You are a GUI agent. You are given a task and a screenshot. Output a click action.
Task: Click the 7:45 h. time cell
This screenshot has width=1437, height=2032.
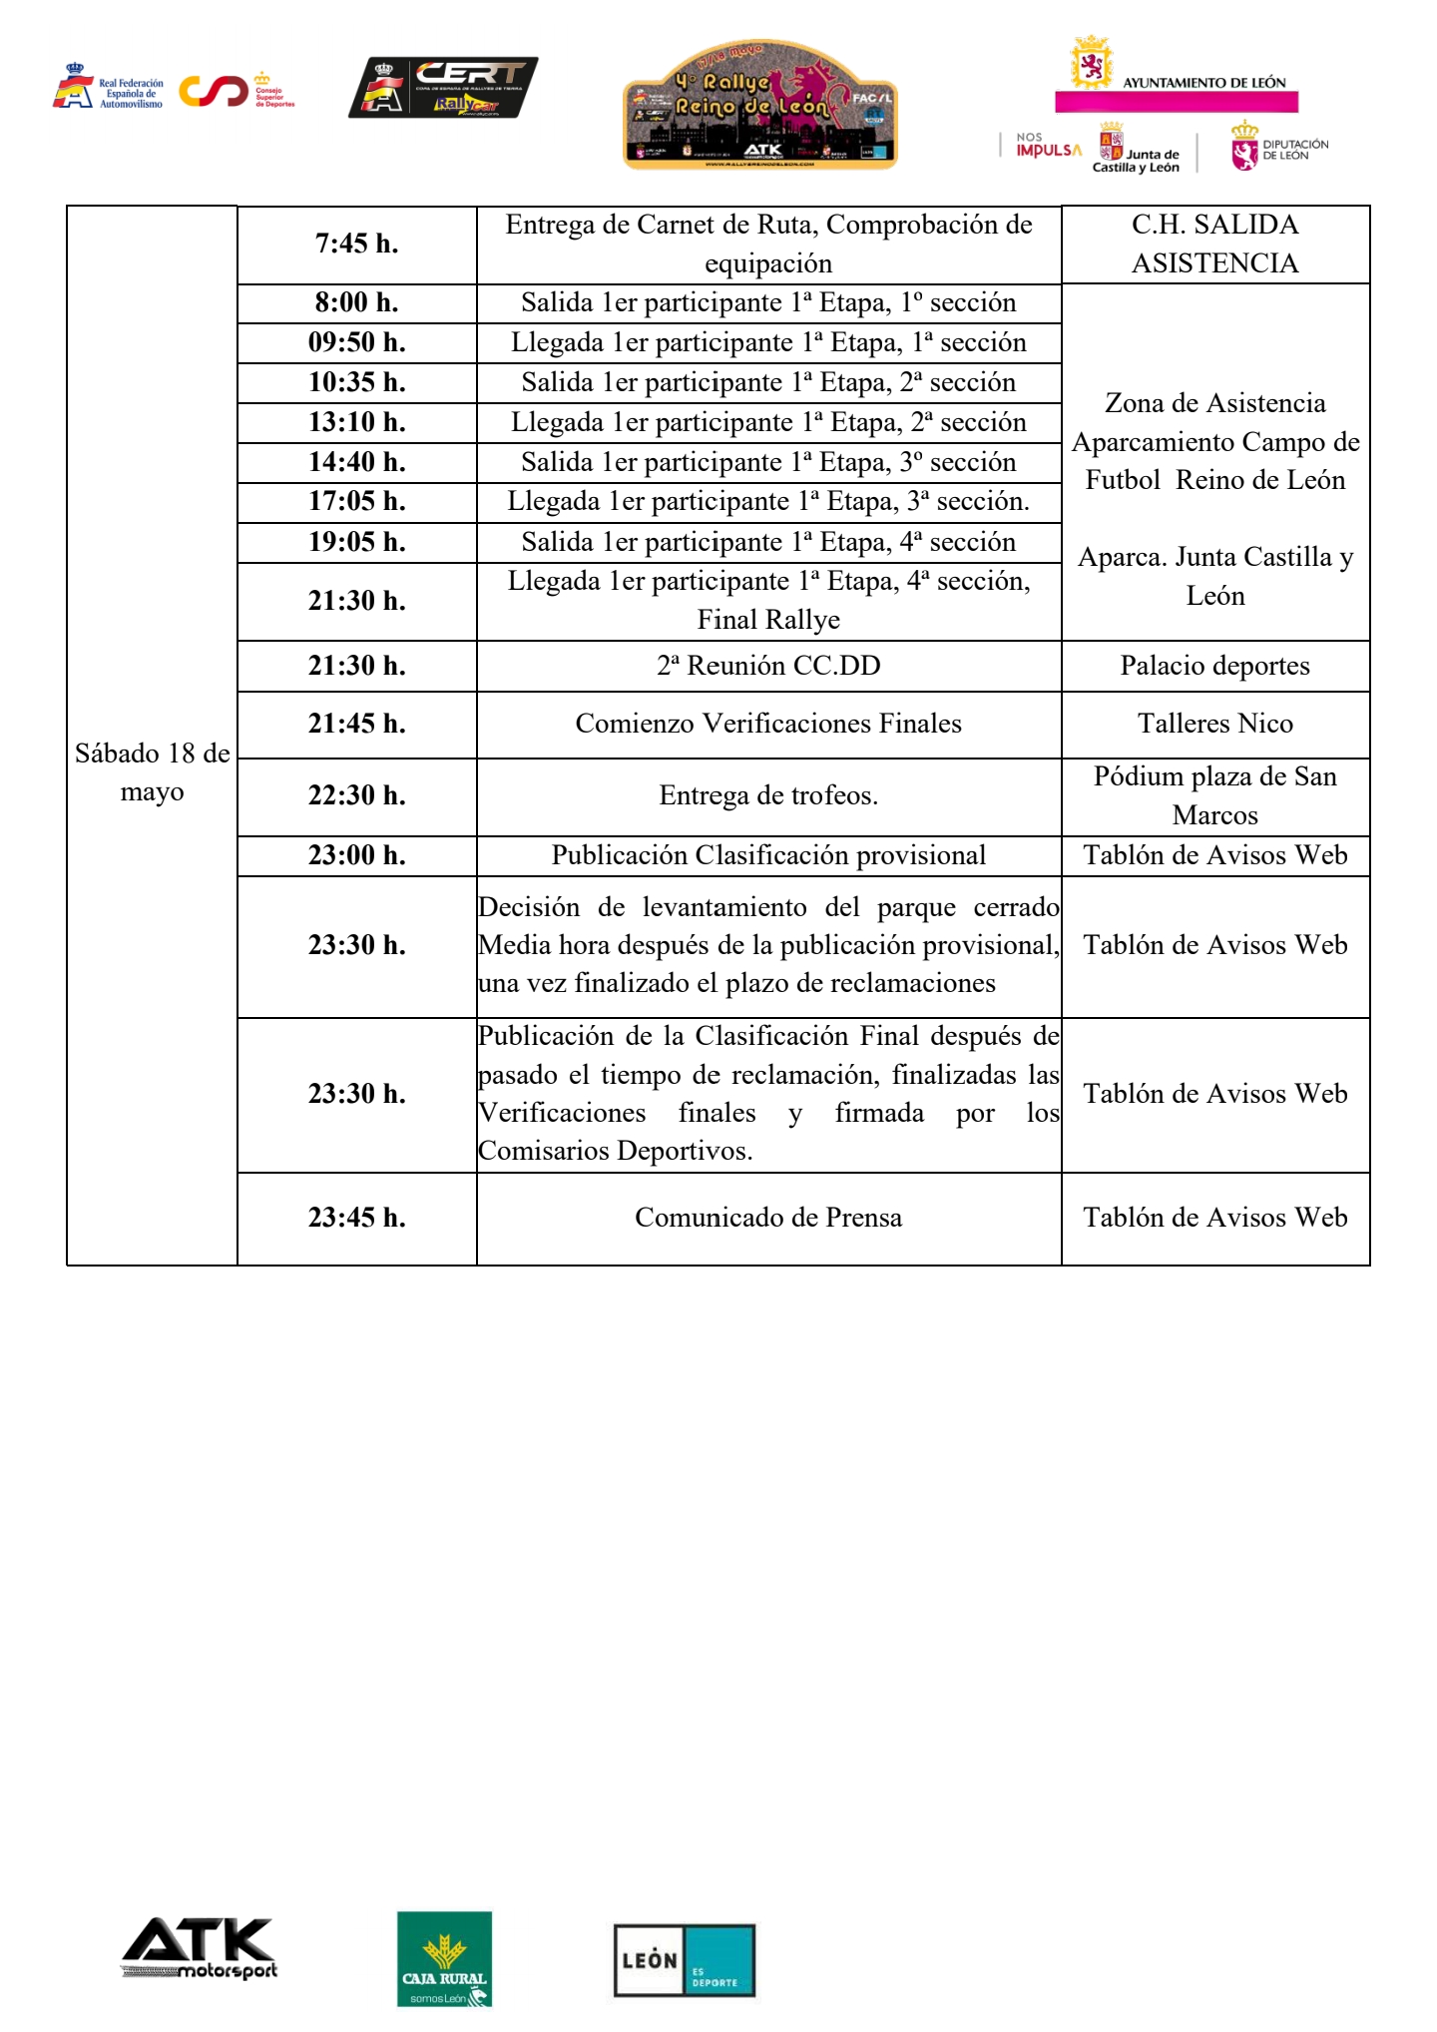(x=356, y=244)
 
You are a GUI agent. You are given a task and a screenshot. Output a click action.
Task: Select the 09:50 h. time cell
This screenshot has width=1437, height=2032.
(x=356, y=342)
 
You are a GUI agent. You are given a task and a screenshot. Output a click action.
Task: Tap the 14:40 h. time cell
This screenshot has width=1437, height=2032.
(x=356, y=462)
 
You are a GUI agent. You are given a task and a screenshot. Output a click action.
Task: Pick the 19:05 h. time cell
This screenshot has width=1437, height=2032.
(x=356, y=542)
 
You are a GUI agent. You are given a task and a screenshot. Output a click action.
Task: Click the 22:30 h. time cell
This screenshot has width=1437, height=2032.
(x=356, y=795)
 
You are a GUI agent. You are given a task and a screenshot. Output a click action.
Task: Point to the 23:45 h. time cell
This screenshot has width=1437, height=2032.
(x=356, y=1218)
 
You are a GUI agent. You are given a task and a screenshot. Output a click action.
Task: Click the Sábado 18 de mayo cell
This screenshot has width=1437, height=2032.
(x=152, y=772)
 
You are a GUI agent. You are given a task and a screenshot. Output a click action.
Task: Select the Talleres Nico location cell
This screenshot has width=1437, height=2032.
(x=1214, y=724)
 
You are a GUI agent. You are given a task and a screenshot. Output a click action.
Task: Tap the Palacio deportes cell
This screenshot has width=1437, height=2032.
(x=1214, y=666)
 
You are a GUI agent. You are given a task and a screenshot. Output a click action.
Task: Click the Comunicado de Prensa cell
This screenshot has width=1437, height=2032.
(x=768, y=1218)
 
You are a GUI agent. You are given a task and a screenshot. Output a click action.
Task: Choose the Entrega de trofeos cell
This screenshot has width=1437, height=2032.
(x=768, y=795)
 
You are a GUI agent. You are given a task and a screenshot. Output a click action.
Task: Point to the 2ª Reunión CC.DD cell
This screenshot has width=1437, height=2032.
(x=768, y=666)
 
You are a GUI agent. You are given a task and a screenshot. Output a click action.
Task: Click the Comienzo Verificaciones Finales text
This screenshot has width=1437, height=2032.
(x=768, y=724)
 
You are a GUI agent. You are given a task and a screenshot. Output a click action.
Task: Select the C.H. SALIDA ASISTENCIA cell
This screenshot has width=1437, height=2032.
(x=1214, y=244)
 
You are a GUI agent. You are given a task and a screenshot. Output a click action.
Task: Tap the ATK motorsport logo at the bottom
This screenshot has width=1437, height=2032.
(x=199, y=1948)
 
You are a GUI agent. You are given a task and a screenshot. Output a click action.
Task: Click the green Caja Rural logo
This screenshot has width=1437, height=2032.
(x=444, y=1958)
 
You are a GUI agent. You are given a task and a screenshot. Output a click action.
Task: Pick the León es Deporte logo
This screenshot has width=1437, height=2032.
(x=684, y=1960)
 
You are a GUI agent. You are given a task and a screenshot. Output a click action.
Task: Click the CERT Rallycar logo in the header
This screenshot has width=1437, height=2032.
(x=443, y=88)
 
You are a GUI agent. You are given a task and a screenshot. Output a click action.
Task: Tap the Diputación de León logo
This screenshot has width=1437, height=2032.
(x=1279, y=147)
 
